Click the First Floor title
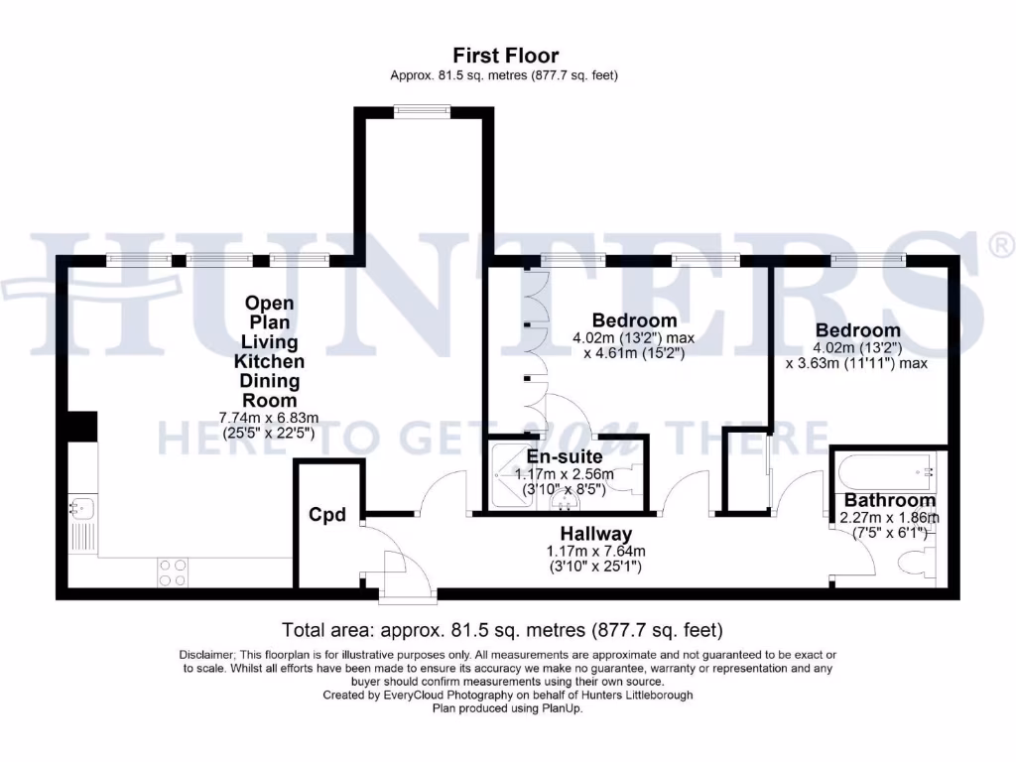click(x=505, y=56)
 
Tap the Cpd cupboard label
click(x=327, y=515)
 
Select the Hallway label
click(x=596, y=534)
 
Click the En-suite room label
click(x=565, y=456)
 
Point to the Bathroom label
click(x=890, y=500)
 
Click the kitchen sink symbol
click(x=82, y=507)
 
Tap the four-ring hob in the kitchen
click(x=173, y=572)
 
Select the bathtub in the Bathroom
click(x=886, y=472)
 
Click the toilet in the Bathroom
click(x=918, y=562)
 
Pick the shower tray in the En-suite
click(x=512, y=475)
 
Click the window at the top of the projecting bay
click(x=422, y=111)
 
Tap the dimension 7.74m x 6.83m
click(x=269, y=418)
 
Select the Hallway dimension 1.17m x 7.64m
click(x=596, y=552)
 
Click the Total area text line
click(x=502, y=630)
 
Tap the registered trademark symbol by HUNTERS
click(x=1001, y=245)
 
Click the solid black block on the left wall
click(x=82, y=426)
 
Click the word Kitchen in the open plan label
click(x=269, y=361)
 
